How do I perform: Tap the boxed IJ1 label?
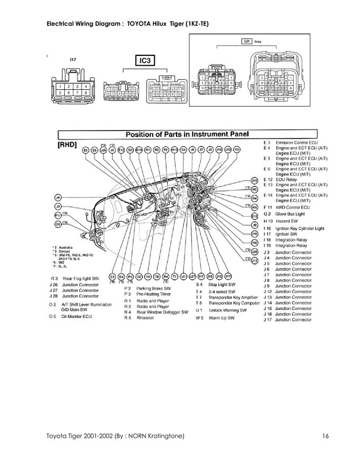(246, 42)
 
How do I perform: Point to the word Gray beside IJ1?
(265, 42)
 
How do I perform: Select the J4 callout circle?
(57, 197)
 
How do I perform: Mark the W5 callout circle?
(255, 206)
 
